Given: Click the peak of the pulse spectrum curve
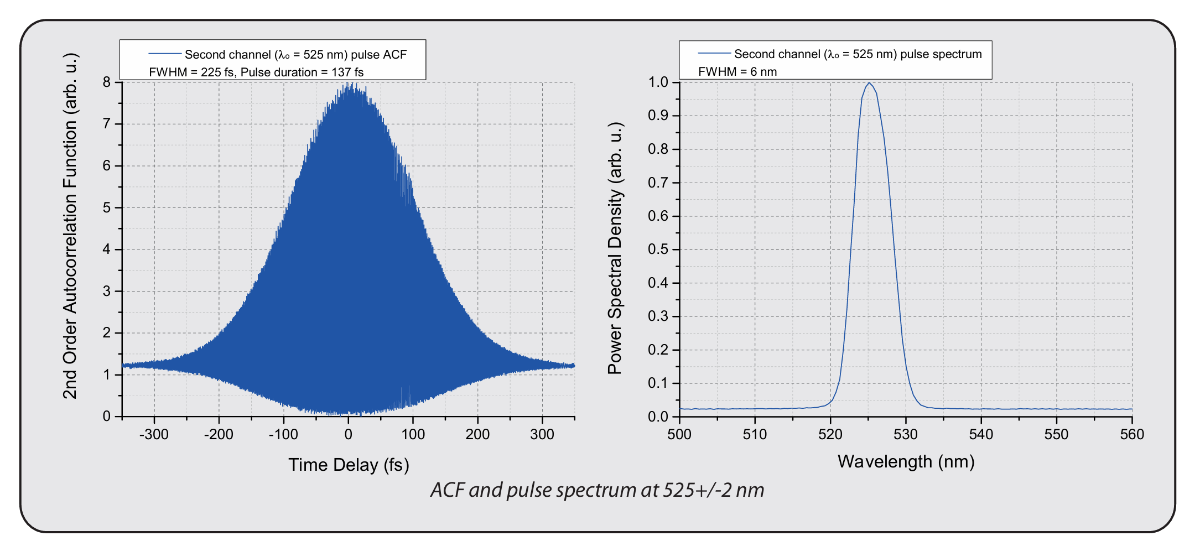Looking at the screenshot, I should pos(869,83).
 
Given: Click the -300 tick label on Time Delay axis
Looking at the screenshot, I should pos(153,434).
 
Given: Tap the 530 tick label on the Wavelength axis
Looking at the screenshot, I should pos(906,434).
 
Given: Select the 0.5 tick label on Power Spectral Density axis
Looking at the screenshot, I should pos(658,249).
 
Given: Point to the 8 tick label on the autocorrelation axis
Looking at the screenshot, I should pos(107,82).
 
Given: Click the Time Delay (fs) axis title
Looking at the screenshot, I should pos(349,465).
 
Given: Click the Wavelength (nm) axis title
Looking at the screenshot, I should pos(906,461).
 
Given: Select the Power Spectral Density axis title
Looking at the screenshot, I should pos(615,248).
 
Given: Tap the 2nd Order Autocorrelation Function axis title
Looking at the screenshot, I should pos(70,226).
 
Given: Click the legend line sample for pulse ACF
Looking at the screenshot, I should pos(165,54).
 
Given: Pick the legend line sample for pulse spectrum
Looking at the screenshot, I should pos(714,53).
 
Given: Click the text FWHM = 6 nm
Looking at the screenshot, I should pos(737,71).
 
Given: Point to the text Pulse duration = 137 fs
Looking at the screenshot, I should pos(302,72).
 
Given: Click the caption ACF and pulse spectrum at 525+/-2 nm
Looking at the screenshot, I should pos(597,490).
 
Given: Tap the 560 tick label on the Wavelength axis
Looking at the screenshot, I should pos(1131,434).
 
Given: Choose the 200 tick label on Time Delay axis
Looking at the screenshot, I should pos(477,434).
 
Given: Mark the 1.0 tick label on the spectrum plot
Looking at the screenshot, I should pos(658,82).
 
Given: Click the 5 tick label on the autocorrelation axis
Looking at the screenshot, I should pos(107,207).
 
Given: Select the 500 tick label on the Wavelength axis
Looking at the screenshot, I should pos(679,434).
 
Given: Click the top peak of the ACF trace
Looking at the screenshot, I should pos(349,84).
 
